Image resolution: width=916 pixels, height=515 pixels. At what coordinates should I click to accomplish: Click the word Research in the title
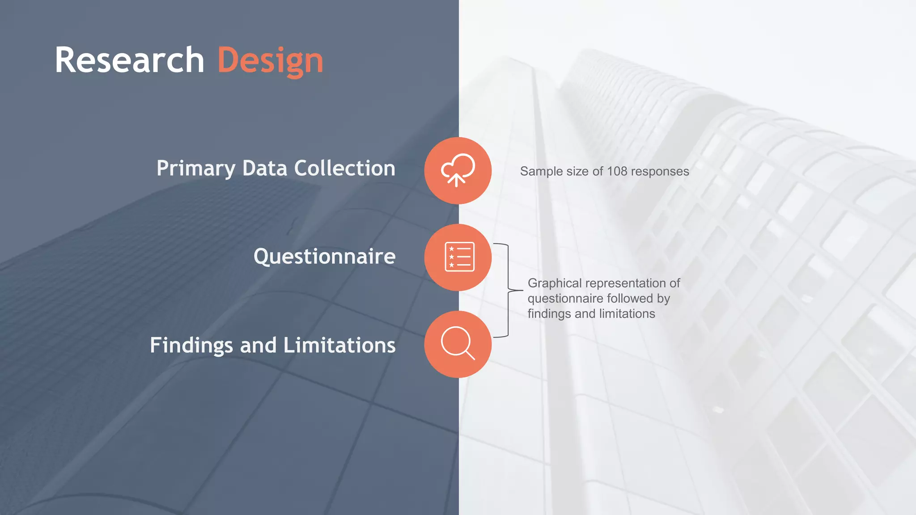[x=129, y=60]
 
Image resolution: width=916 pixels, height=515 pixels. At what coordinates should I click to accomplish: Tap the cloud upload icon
[x=458, y=170]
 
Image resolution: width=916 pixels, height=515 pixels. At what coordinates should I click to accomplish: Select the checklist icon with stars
[x=459, y=257]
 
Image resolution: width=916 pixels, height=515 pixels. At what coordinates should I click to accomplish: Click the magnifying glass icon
[x=458, y=343]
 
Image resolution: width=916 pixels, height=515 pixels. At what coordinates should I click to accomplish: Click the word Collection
[x=344, y=168]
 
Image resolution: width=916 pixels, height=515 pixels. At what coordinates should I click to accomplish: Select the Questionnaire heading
[x=324, y=257]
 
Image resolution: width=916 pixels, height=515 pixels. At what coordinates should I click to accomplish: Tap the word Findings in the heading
[x=191, y=346]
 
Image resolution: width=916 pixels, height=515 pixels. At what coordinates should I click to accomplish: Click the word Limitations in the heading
[x=339, y=345]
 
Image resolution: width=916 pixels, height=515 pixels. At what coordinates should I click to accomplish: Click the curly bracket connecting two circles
[x=509, y=291]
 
